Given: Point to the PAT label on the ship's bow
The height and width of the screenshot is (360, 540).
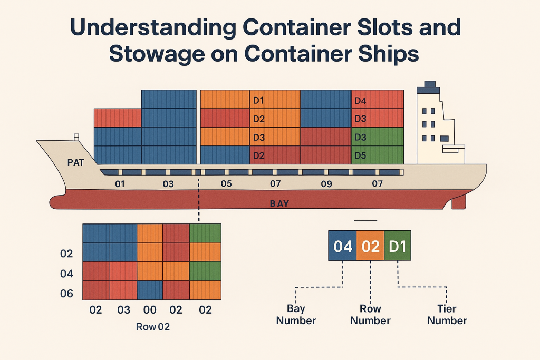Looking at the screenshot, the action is (76, 162).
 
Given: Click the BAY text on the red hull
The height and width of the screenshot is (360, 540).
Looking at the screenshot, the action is (279, 204).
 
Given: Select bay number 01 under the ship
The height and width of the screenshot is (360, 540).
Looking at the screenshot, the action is (120, 184).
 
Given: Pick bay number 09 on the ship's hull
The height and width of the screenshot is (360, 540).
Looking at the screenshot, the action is (326, 184).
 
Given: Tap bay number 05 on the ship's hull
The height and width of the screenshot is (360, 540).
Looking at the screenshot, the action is (226, 184).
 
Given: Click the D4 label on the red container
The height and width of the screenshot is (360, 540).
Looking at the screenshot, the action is (360, 101).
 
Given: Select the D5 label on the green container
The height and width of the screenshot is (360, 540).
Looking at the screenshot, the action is (360, 155).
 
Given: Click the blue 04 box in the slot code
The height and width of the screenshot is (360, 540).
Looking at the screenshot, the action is (342, 246).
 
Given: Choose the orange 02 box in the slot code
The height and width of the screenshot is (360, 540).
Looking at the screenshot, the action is (370, 246).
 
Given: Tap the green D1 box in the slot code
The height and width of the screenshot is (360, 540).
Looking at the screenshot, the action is (398, 246).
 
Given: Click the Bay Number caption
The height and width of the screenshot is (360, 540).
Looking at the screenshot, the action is (296, 315).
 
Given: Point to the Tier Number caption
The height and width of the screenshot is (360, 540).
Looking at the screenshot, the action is (447, 315).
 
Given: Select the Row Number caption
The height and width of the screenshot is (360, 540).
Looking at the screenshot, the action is (370, 315).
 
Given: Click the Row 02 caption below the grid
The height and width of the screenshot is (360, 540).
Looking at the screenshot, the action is (153, 327).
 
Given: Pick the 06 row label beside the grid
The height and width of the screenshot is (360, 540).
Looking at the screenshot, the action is (67, 294).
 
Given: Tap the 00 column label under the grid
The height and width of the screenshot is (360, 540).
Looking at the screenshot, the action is (150, 310).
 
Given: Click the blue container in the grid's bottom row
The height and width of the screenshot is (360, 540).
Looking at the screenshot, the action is (150, 290).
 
